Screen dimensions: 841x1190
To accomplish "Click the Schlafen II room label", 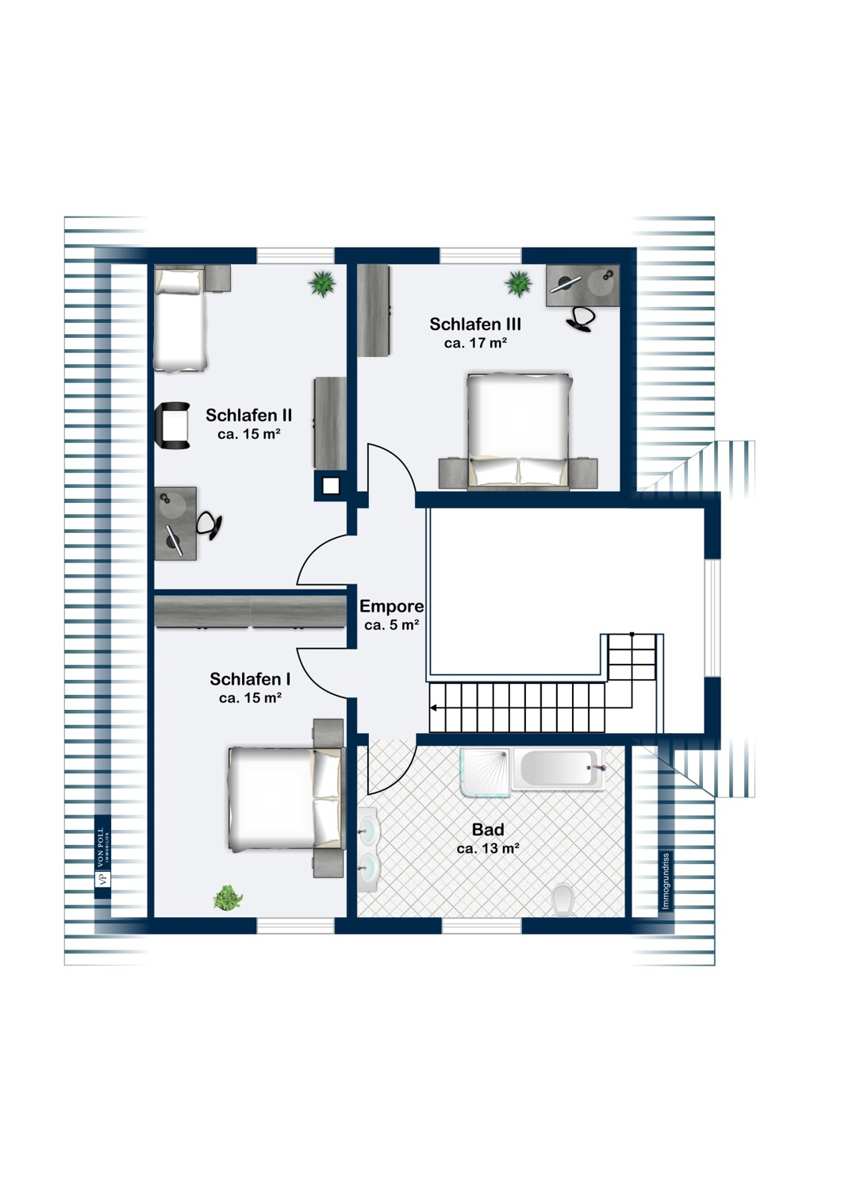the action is click(248, 415).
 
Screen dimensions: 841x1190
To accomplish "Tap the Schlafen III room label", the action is click(475, 324).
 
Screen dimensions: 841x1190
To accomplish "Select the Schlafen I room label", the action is click(250, 679).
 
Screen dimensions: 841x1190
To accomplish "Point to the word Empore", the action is click(392, 606).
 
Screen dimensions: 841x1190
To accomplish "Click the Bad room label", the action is click(488, 829).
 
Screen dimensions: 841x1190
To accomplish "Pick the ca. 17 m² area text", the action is click(475, 344).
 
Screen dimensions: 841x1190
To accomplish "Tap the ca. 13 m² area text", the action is click(488, 849).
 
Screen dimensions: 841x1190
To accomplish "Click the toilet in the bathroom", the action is click(562, 900).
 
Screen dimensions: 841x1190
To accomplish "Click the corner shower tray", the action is click(485, 773).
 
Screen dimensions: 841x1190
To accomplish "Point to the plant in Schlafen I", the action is click(228, 897).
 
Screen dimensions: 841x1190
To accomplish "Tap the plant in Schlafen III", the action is click(519, 284).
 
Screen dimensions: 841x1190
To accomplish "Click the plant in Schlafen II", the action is click(322, 284).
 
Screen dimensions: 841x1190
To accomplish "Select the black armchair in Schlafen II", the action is click(173, 425).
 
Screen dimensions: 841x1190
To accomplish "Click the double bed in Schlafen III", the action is click(519, 430).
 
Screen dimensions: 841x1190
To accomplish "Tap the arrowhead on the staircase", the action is click(434, 708).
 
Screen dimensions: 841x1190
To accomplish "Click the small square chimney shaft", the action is click(331, 486).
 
